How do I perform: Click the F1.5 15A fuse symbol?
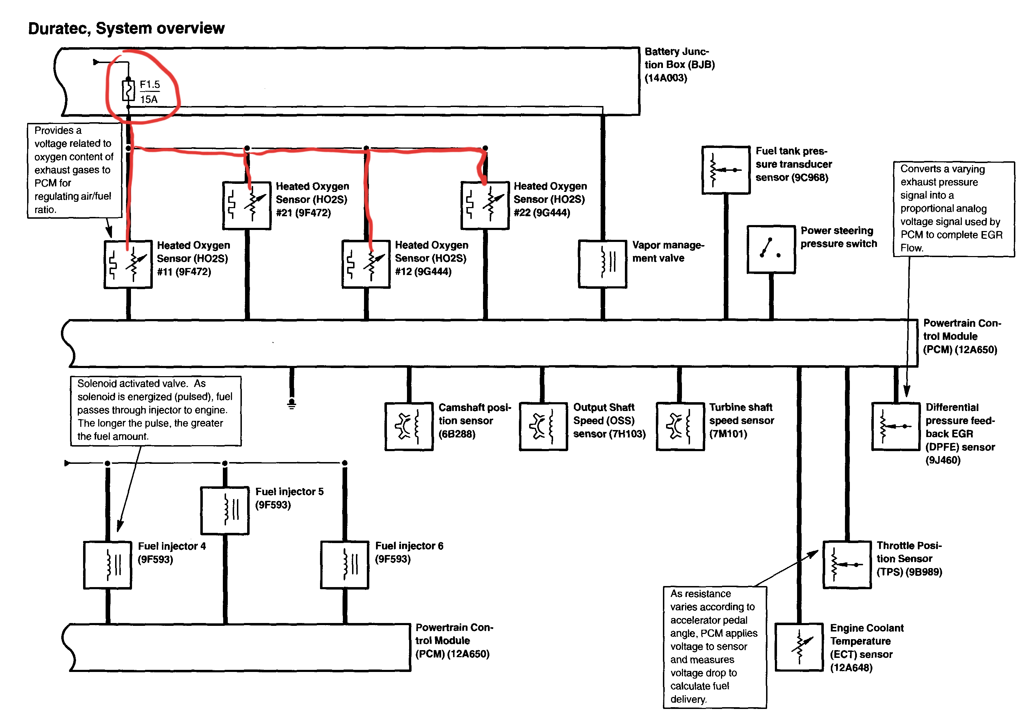coord(128,90)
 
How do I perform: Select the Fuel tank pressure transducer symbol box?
coord(726,170)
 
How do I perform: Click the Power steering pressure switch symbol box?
coord(771,249)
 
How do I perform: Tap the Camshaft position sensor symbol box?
coord(409,426)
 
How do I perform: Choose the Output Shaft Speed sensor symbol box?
coord(543,426)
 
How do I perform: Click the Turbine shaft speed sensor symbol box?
coord(680,426)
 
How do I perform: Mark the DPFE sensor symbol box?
coord(896,426)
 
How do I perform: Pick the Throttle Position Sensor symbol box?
coord(847,565)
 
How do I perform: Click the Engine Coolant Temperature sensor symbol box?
coord(799,647)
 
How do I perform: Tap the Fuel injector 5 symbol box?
coord(225,510)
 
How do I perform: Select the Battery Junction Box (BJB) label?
coord(679,64)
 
